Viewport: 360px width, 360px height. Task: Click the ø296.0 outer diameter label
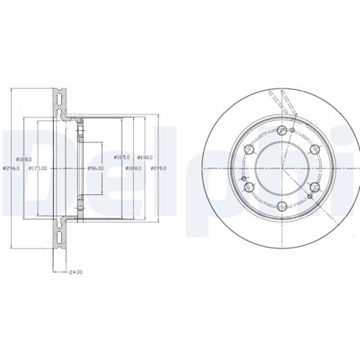[11, 168]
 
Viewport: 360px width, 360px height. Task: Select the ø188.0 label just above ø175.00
[24, 159]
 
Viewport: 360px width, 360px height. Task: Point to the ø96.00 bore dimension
[95, 168]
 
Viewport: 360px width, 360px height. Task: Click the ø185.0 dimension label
[122, 157]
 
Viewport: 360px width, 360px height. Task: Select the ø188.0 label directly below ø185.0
[133, 168]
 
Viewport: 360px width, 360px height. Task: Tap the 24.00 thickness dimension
[76, 272]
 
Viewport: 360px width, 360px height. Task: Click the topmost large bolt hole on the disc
[282, 130]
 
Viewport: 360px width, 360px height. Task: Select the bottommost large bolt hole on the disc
[282, 207]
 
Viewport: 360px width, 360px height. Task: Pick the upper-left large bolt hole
[249, 149]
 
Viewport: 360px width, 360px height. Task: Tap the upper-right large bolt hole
[315, 149]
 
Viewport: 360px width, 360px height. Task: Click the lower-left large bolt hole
[249, 187]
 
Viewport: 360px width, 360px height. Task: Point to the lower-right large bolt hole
[315, 187]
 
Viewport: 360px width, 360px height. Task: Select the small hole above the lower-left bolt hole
[244, 178]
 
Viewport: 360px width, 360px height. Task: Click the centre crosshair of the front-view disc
[282, 168]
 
